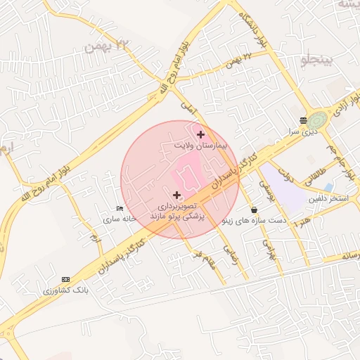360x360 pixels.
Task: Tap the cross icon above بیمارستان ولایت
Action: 201,134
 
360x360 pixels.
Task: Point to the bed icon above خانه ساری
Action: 120,209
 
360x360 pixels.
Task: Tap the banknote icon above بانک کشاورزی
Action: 66,279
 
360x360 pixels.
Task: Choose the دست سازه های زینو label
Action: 254,220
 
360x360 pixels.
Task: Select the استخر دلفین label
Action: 328,199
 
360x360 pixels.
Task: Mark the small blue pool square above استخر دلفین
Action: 329,187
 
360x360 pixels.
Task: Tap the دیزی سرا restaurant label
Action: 303,131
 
